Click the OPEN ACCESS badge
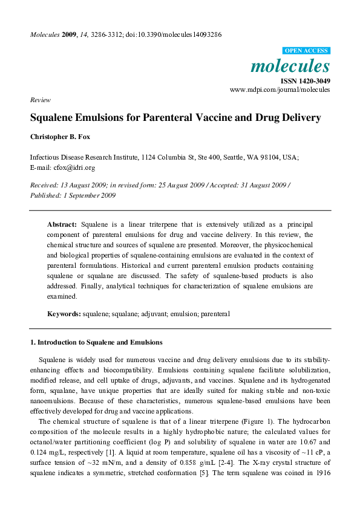306,51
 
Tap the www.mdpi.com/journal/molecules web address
280,89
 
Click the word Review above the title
40,100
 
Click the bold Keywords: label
64,314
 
